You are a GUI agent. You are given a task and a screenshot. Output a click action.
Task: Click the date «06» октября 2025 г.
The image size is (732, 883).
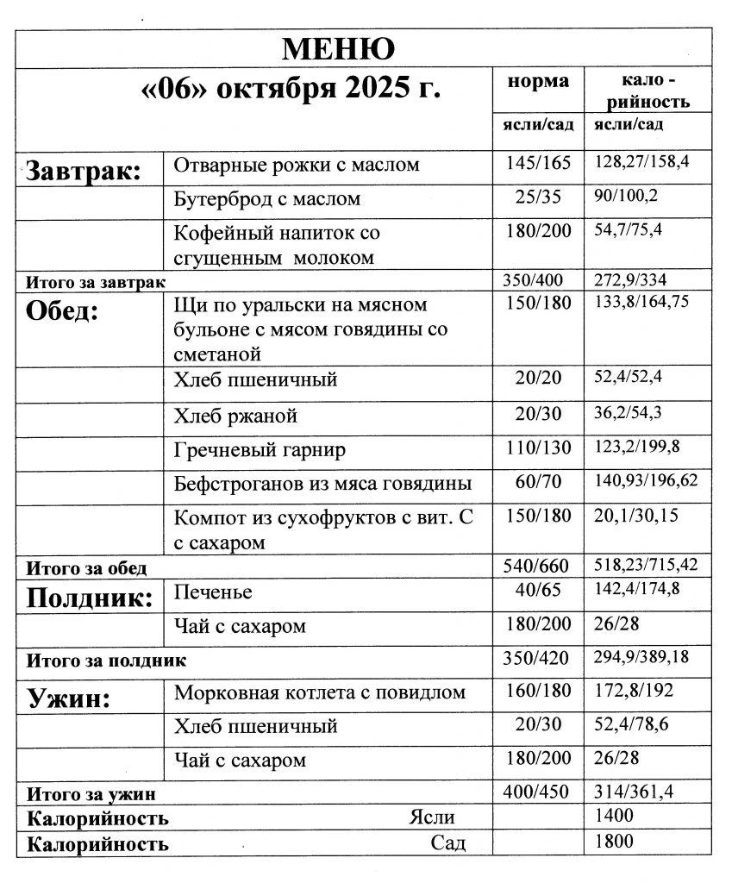[290, 90]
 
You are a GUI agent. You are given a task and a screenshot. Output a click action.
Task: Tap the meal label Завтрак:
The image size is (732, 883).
[83, 170]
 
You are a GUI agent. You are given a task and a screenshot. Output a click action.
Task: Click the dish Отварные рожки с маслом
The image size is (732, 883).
[296, 165]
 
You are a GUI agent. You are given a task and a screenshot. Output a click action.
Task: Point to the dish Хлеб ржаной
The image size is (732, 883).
[235, 416]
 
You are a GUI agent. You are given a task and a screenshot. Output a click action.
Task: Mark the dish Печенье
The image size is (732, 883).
[213, 593]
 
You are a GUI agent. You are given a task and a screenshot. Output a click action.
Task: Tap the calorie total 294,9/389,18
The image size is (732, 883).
[647, 659]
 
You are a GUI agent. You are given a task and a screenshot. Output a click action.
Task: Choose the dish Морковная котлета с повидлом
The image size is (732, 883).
[320, 692]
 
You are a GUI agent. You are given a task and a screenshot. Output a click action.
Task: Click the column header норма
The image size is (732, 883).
[537, 82]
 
